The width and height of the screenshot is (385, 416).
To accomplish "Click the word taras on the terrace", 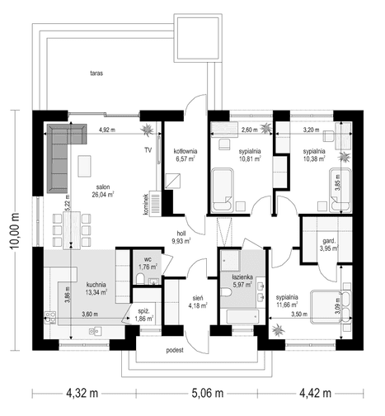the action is click(96, 73).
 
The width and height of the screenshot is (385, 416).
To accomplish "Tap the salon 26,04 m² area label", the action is click(103, 191).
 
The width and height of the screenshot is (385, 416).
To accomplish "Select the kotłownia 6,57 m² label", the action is click(185, 154).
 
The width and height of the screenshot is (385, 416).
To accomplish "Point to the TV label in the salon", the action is click(148, 150).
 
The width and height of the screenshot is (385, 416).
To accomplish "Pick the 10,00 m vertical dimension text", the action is click(15, 230).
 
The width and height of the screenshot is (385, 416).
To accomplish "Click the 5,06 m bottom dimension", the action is click(207, 393).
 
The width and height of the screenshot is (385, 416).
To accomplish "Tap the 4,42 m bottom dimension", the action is click(315, 393).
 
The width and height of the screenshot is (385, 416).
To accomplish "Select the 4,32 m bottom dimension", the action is click(82, 393).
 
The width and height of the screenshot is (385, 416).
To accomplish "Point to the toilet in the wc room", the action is click(140, 279).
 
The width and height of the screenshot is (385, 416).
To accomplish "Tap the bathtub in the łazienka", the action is click(242, 316).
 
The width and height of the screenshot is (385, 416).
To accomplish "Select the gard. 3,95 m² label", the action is click(329, 245).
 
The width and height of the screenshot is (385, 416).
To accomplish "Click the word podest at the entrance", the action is click(175, 351).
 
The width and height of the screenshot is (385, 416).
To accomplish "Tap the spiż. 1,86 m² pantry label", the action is click(143, 315).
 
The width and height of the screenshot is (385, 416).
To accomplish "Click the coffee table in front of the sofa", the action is click(84, 166).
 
